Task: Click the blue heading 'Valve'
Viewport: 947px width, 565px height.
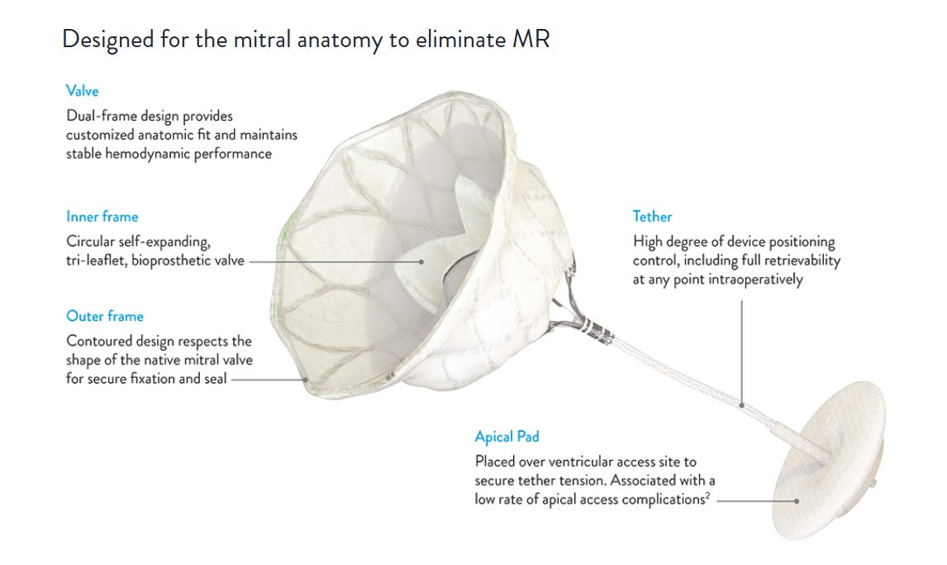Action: [x=82, y=91]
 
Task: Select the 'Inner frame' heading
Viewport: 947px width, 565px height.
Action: [x=102, y=217]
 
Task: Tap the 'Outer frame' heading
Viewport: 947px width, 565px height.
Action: [x=104, y=316]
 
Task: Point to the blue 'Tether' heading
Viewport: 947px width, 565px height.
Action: [x=652, y=217]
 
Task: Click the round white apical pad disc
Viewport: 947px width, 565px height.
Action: [x=826, y=463]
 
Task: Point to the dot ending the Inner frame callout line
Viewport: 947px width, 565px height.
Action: [x=421, y=261]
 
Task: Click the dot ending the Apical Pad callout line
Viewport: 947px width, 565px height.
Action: [x=796, y=500]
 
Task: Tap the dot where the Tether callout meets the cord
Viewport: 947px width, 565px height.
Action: [x=742, y=405]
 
